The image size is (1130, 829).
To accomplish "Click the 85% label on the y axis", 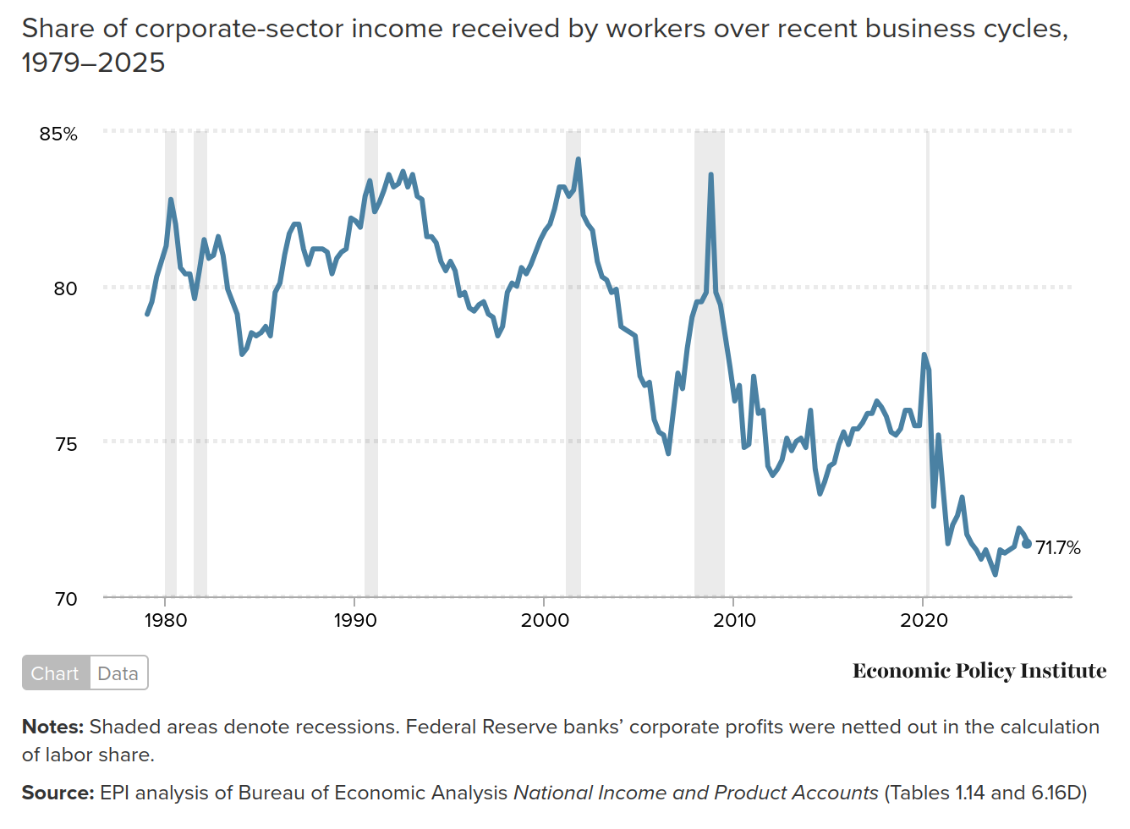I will coord(58,134).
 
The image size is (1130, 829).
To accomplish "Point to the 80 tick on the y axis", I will coord(65,288).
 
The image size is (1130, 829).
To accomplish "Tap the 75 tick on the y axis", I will coord(65,444).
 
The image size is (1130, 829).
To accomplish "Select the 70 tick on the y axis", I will coord(65,599).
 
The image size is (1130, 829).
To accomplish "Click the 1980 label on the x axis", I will coord(166,621).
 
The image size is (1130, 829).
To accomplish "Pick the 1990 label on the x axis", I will coord(355,621).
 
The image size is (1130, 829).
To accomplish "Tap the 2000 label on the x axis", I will coord(545,621).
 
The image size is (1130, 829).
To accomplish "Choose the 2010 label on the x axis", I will coord(734,621).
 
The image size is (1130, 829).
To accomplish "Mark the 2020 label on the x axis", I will coord(924,621).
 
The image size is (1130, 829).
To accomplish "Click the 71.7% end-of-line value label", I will coord(1058,548).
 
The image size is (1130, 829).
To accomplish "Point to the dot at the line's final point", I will coord(1027,544).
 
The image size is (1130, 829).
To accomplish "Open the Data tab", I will coord(118,673).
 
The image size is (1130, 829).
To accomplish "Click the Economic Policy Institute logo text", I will coord(979,671).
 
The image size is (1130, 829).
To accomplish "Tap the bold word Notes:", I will coord(52,727).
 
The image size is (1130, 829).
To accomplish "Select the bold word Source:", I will coord(58,793).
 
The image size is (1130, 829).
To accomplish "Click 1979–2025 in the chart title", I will coord(93,63).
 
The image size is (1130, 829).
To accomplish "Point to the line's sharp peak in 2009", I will coord(710,175).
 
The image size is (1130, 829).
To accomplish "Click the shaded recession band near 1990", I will coord(371,364).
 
